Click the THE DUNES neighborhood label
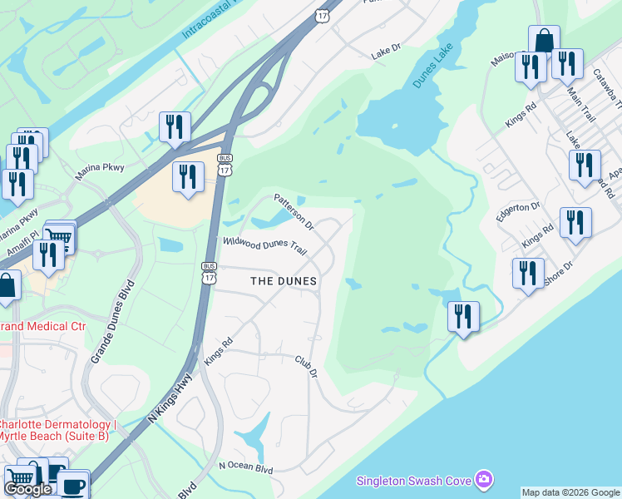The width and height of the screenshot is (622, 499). click(x=284, y=281)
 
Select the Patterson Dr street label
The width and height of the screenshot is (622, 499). click(x=294, y=211)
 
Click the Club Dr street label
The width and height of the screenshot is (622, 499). click(x=307, y=366)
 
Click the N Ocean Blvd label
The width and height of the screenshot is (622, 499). click(x=245, y=468)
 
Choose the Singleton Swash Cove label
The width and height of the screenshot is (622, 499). click(x=412, y=481)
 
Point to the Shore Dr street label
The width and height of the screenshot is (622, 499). click(x=558, y=274)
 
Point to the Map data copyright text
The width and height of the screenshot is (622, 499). click(x=571, y=492)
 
